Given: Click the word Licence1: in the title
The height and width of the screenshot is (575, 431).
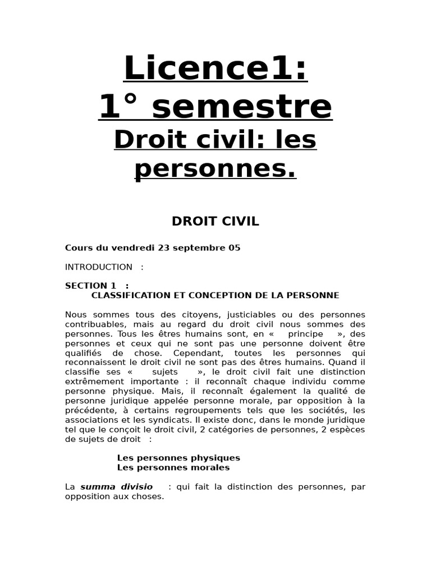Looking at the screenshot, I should tap(215, 69).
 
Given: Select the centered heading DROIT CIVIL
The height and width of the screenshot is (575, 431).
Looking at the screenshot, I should tap(215, 221).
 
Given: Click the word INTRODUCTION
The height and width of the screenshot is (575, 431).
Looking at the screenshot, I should tap(99, 267).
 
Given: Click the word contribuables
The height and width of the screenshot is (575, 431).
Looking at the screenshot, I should tap(94, 324).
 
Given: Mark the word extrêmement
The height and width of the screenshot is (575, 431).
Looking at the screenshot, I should tap(94, 381).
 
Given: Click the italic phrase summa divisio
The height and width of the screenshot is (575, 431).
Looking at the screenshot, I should tap(116, 487).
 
